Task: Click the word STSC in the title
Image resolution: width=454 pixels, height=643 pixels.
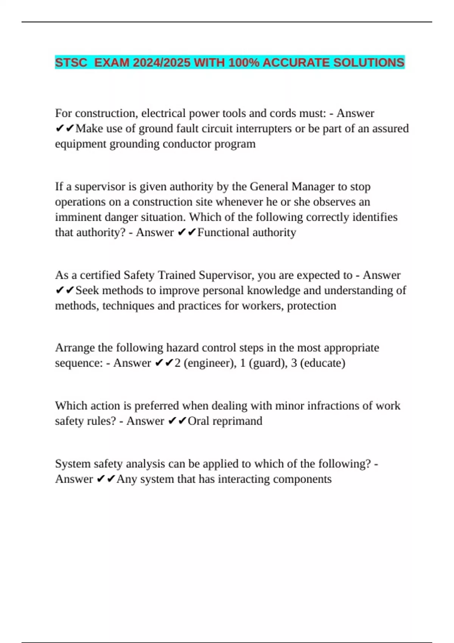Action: click(71, 62)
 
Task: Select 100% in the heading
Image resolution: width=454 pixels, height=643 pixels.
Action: click(244, 62)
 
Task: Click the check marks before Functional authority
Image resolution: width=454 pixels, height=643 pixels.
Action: click(186, 232)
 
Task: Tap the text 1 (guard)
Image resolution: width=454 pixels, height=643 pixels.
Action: click(263, 363)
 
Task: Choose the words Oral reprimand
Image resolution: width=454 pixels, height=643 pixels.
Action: click(225, 421)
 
